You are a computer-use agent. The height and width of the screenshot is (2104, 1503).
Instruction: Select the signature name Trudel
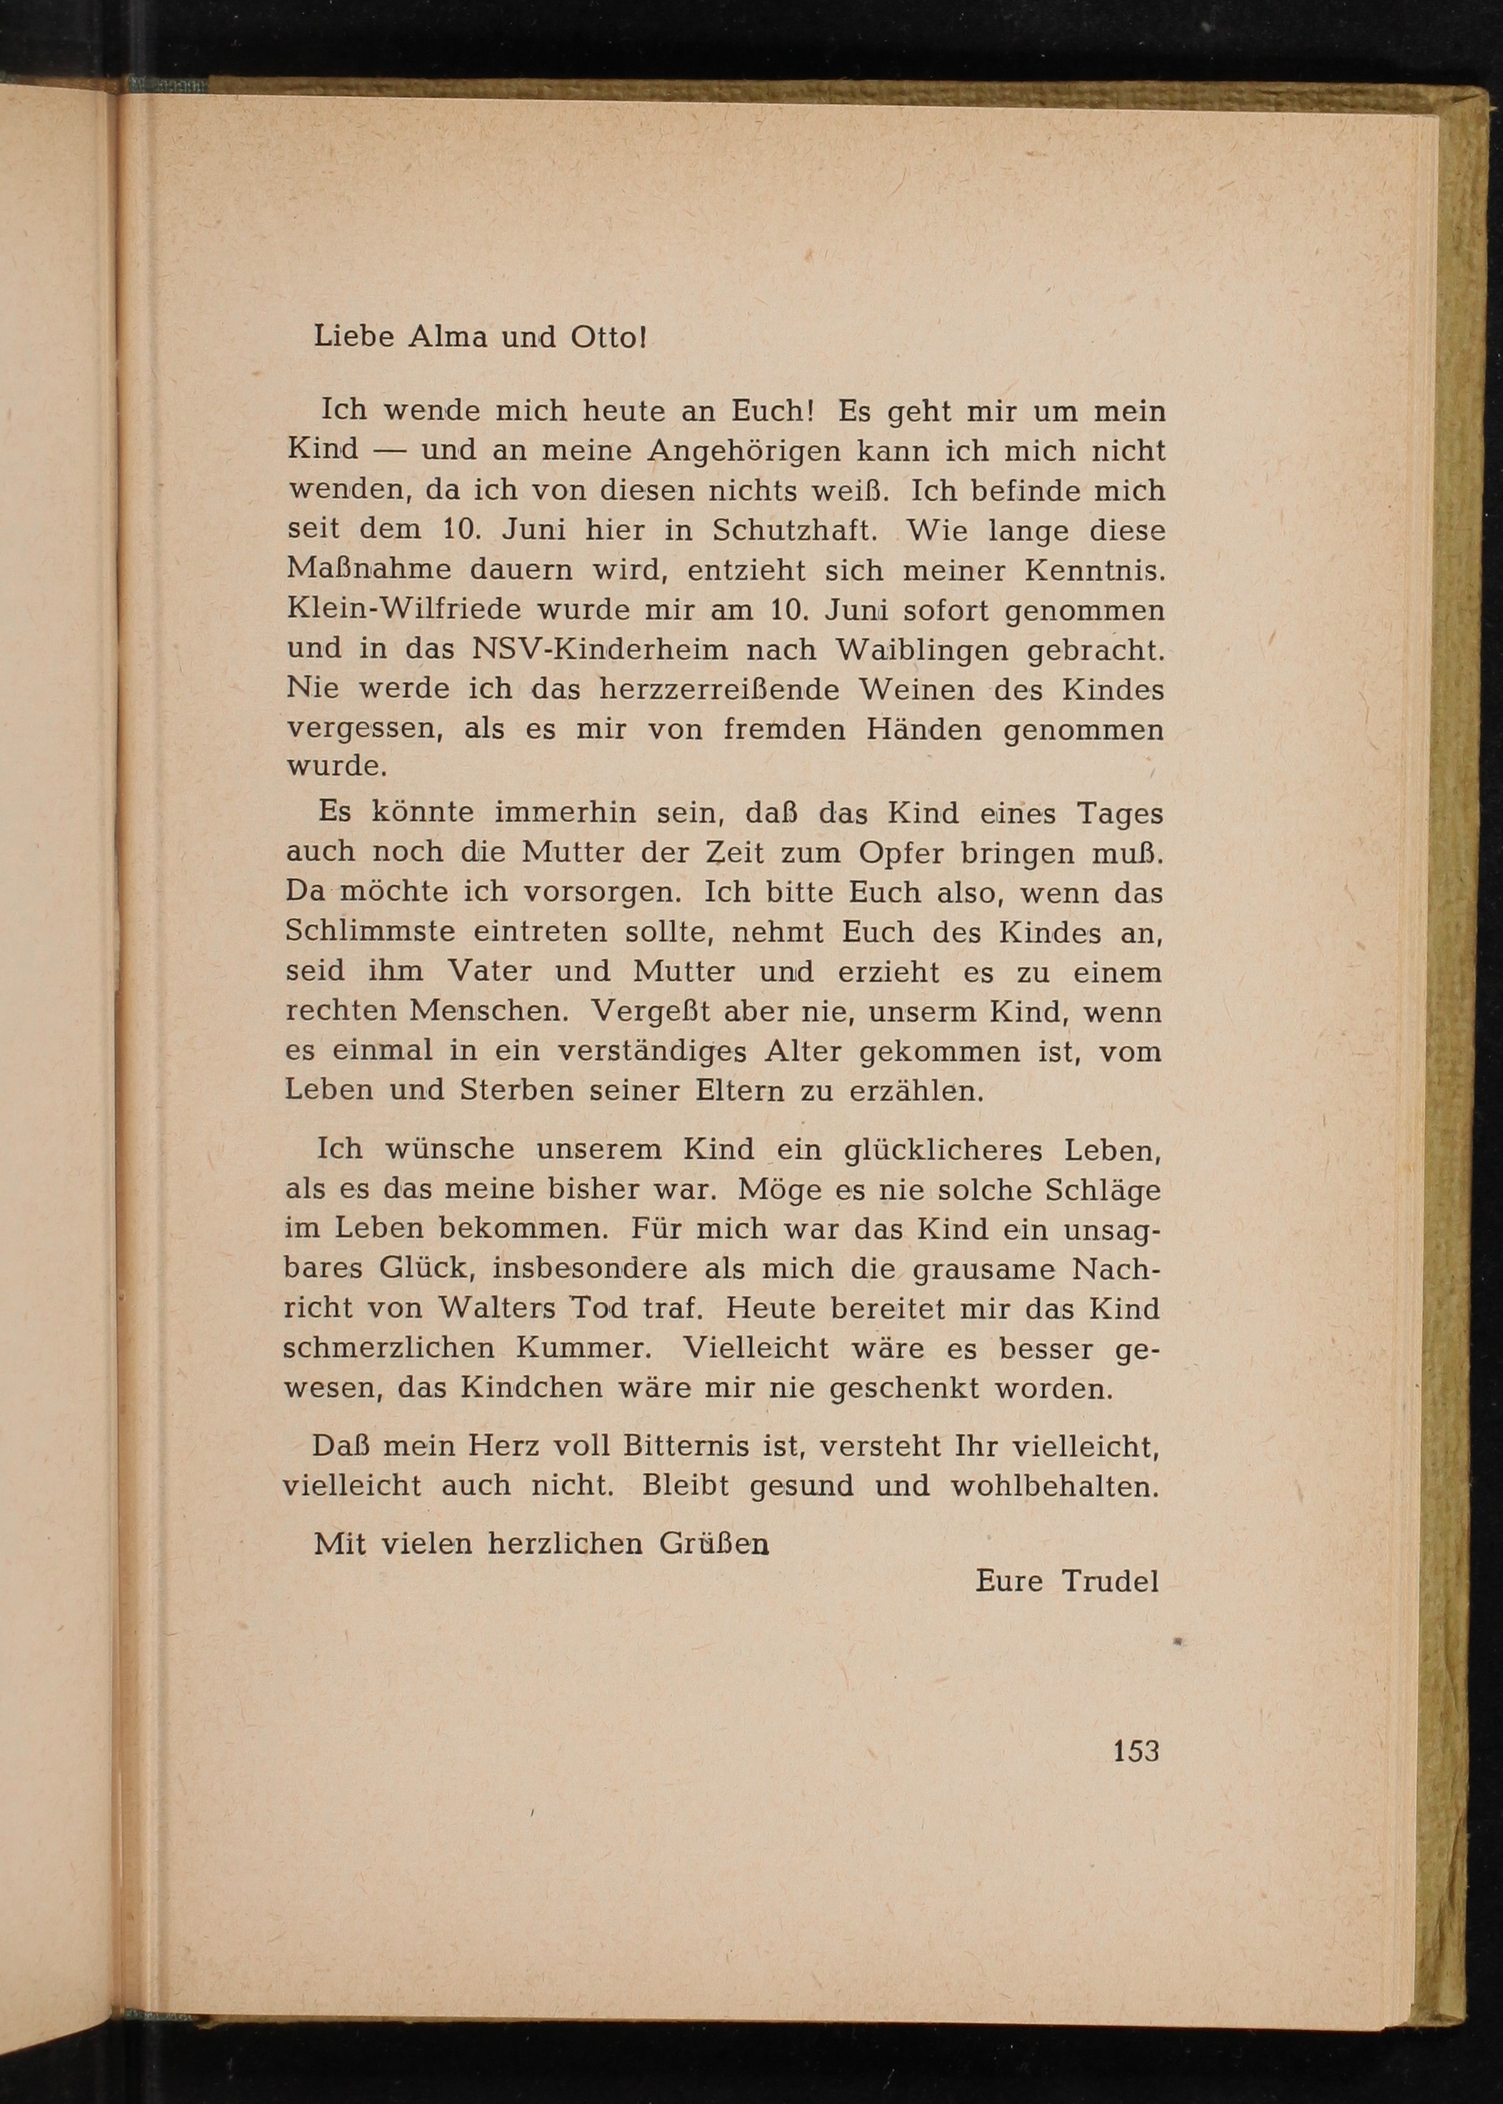1110,1580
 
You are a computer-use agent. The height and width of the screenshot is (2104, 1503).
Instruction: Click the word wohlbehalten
1055,1486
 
